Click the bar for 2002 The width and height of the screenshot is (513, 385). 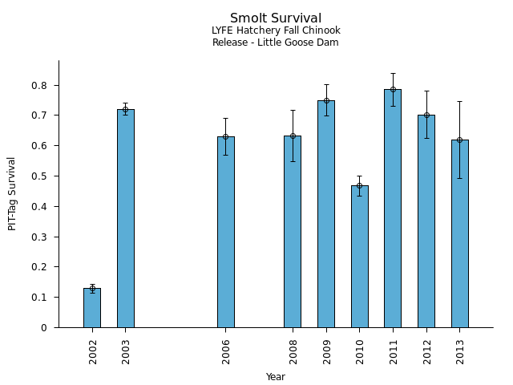92,308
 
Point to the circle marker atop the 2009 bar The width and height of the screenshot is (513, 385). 326,101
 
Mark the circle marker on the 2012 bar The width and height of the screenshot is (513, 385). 426,115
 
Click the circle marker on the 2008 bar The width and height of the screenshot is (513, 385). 293,136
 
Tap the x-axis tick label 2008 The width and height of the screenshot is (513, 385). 293,351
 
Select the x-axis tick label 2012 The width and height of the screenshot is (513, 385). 427,351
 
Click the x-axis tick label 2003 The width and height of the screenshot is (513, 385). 127,351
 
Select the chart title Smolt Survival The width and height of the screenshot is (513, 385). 276,18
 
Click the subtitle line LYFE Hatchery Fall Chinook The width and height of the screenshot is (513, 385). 276,31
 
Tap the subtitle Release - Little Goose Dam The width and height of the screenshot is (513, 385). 276,43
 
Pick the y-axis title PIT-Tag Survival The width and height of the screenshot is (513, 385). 12,193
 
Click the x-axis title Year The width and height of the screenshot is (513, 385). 276,377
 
